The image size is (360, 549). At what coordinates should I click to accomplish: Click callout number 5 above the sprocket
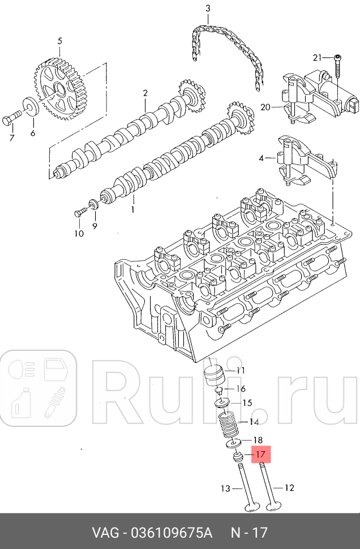tap(60, 41)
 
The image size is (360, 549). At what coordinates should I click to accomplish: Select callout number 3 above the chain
tap(207, 8)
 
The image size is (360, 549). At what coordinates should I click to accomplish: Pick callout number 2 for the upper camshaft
tap(145, 93)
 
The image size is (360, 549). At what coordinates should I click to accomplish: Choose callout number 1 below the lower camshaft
tap(133, 209)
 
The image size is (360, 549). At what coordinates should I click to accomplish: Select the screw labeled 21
tap(337, 67)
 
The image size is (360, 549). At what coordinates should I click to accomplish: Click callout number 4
tap(262, 158)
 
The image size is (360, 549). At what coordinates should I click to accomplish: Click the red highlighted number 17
tap(261, 454)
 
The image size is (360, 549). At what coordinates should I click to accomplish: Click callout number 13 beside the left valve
tap(226, 488)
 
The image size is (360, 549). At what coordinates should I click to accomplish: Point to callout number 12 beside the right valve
tap(289, 487)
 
